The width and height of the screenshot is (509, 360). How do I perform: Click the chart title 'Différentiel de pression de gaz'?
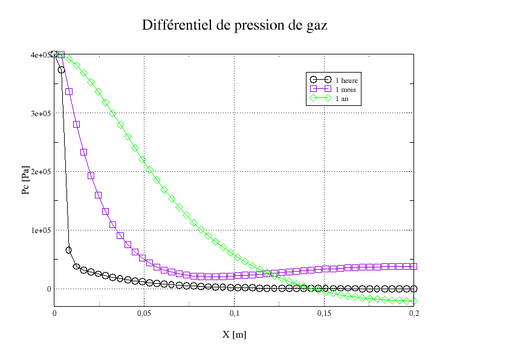coord(235,25)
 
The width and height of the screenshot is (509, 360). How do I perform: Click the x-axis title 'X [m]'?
coord(234,335)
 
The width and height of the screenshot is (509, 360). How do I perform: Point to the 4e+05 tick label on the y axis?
coord(39,55)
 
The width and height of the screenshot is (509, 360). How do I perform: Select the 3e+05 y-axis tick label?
coord(39,114)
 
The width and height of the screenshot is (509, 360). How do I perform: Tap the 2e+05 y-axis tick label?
coord(39,172)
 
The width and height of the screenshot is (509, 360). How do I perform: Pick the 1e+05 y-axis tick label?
coord(39,231)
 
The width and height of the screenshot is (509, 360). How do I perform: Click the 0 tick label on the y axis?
coord(49,289)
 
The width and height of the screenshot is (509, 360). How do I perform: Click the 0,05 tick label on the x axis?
coord(144,314)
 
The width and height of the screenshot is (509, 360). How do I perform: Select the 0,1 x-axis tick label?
coord(235,314)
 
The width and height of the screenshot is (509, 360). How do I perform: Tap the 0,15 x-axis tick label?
coord(324,314)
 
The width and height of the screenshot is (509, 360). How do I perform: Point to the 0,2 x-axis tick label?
coord(414,314)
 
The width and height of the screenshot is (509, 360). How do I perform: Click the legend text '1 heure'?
coord(347,80)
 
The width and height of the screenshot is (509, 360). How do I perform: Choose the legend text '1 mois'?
coord(346,89)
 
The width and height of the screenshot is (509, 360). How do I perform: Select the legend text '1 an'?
coord(342,99)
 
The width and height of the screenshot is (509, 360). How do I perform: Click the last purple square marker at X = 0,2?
coord(414,266)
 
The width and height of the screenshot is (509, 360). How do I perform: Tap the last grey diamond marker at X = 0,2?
coord(414,301)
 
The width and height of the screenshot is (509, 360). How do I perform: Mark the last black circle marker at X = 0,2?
coord(414,289)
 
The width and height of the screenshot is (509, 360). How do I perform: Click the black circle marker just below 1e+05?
coord(69,250)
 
